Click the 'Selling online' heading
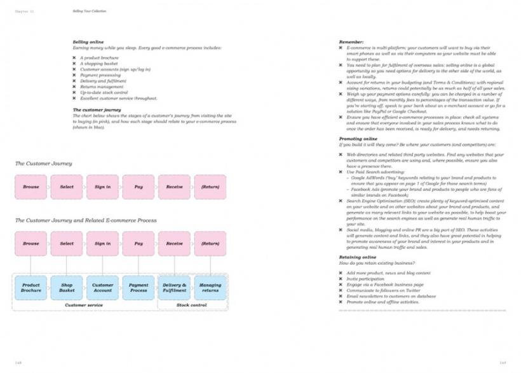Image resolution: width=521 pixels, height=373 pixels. [88, 42]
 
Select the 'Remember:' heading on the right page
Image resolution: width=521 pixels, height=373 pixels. [351, 42]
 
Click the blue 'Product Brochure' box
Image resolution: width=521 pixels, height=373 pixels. [31, 288]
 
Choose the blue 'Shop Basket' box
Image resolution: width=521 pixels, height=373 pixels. [67, 288]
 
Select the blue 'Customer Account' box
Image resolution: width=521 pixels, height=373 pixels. [103, 288]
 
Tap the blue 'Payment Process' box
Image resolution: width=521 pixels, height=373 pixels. [139, 288]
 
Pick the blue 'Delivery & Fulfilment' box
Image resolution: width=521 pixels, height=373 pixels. [174, 288]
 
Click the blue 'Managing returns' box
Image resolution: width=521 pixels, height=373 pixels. [210, 288]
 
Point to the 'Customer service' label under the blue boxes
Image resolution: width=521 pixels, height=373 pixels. [85, 306]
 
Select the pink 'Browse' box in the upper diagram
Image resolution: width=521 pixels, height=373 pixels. [31, 187]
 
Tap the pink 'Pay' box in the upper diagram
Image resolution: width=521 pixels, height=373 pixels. [139, 187]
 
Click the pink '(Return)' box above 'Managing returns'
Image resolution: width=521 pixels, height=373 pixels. [210, 243]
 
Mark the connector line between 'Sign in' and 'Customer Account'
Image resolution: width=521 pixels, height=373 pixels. [103, 265]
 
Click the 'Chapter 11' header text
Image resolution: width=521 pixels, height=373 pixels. [24, 11]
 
